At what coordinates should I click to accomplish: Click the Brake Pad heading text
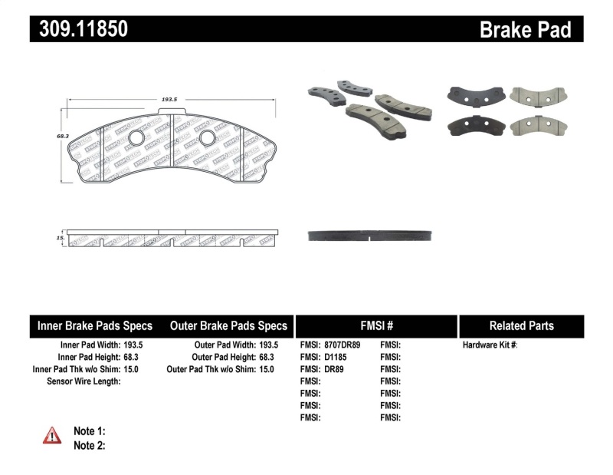click(525, 29)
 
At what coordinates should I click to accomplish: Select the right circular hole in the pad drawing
click(206, 137)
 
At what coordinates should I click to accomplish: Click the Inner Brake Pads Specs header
click(95, 325)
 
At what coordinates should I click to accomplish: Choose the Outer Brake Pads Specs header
click(228, 325)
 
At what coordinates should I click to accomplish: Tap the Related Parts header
click(521, 325)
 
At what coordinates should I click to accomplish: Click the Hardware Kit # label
click(490, 345)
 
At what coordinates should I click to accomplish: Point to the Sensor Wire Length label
click(84, 381)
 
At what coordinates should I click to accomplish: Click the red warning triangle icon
click(52, 435)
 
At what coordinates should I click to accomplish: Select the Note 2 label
click(89, 445)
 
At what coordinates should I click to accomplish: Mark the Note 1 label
click(89, 431)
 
